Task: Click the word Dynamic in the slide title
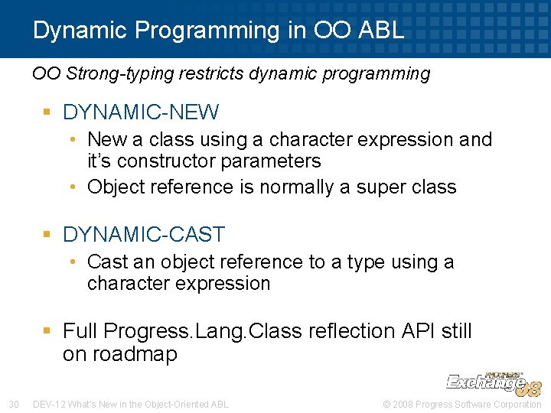(83, 31)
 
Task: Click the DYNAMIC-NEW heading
(141, 112)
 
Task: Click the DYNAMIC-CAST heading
(144, 234)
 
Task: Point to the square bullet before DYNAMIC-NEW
(49, 113)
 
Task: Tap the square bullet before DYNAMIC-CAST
(49, 235)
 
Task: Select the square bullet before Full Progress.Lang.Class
(49, 331)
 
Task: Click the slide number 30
(13, 404)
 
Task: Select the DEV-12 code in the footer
(49, 404)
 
